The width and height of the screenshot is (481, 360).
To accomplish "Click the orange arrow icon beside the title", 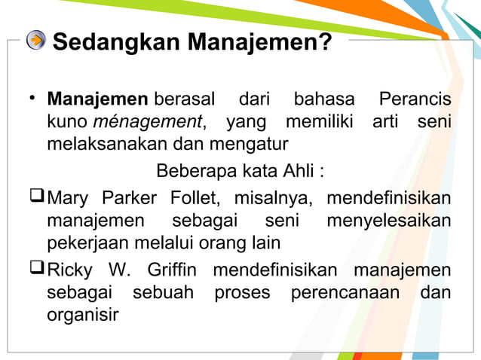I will tap(35, 41).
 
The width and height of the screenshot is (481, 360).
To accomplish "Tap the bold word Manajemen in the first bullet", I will tap(97, 99).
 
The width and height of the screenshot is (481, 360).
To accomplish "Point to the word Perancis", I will tap(415, 99).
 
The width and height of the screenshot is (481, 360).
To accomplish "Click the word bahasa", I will tap(323, 99).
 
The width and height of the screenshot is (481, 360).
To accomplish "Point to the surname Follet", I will tap(195, 200).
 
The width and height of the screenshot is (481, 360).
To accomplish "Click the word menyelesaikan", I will tap(389, 221).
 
